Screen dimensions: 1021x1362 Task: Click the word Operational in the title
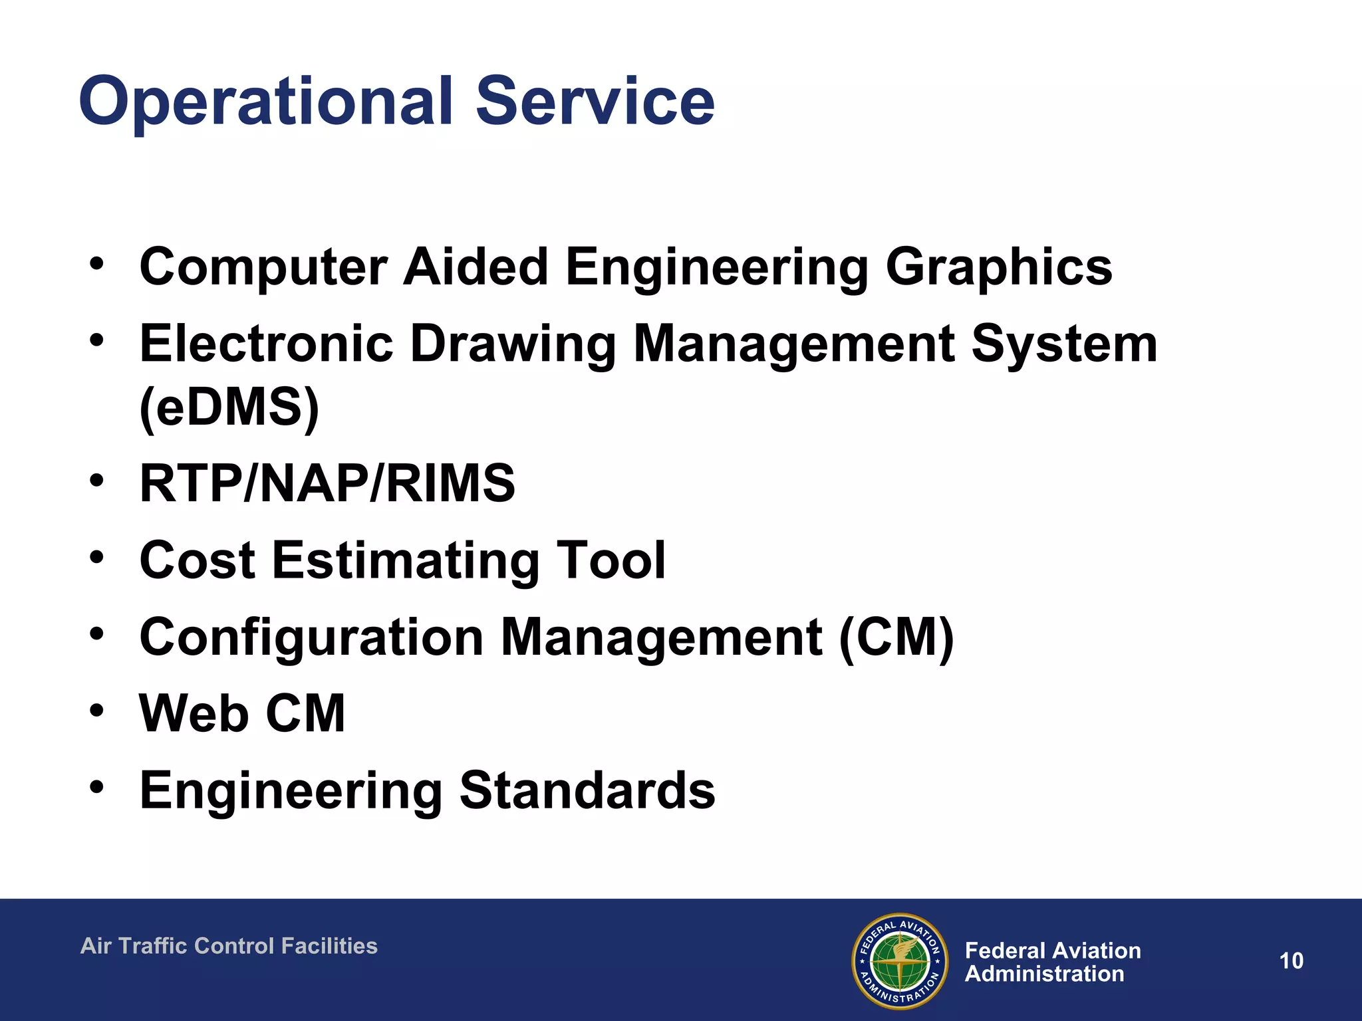click(266, 102)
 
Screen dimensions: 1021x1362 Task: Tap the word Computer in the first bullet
click(263, 267)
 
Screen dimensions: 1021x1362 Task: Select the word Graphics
click(998, 267)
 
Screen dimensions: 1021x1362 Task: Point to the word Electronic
click(266, 344)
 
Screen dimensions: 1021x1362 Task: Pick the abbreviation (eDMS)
click(229, 407)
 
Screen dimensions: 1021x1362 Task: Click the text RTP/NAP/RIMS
click(327, 483)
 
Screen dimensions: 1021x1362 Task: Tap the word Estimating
click(405, 560)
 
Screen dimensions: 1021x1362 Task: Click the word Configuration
click(312, 637)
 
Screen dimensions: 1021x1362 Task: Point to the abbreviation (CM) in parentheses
click(896, 637)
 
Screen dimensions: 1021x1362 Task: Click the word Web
click(194, 713)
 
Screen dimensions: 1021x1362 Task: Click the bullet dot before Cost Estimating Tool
click(97, 557)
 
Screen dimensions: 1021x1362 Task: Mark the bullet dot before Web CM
click(97, 710)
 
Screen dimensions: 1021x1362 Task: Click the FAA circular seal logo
click(900, 961)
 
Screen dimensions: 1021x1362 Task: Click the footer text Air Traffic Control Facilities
click(229, 946)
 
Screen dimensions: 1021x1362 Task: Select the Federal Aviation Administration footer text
click(1052, 962)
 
